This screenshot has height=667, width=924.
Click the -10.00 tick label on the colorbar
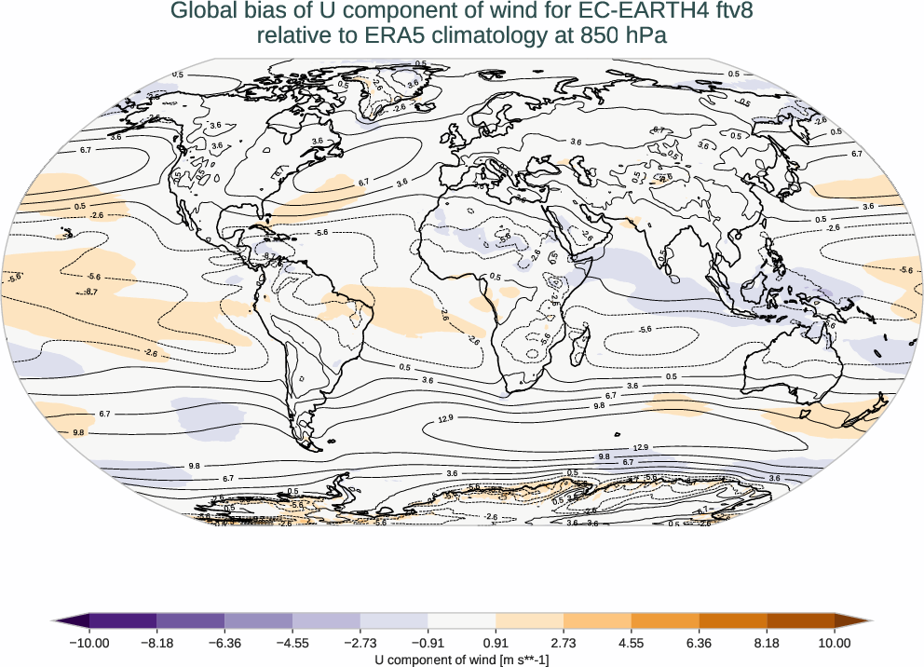point(89,642)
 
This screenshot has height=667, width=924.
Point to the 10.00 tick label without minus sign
point(835,642)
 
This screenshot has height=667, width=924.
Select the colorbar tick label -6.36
point(224,642)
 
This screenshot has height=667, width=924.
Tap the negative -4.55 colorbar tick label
point(292,642)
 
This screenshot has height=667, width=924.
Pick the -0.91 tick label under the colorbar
point(428,642)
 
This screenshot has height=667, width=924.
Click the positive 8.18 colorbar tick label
point(767,642)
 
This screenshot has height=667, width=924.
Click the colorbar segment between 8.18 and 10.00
point(800,620)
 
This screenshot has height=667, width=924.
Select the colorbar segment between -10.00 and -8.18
point(123,620)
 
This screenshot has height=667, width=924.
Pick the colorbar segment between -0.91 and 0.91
point(462,620)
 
